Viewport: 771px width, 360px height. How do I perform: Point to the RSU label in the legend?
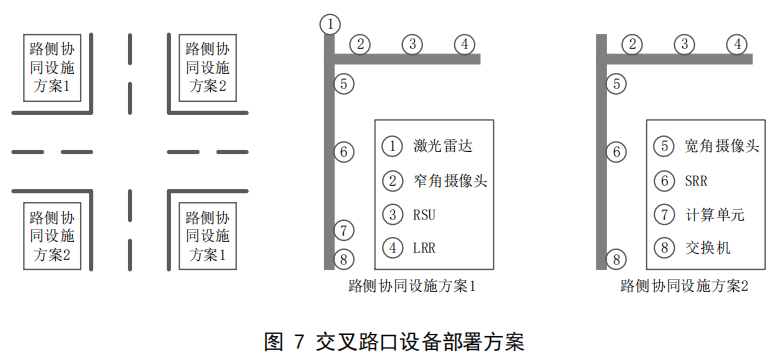point(425,215)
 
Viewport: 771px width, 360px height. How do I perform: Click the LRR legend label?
point(425,248)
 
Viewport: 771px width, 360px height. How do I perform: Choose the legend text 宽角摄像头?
point(721,146)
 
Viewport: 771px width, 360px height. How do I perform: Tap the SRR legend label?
point(696,181)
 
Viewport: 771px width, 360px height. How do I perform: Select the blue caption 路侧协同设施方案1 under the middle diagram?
point(411,286)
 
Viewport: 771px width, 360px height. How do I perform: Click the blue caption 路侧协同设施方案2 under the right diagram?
point(685,286)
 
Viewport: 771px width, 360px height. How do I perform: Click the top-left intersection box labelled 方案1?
point(50,67)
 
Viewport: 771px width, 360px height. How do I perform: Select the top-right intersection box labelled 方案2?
point(206,67)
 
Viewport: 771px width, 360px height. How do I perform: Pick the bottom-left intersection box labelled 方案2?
point(50,236)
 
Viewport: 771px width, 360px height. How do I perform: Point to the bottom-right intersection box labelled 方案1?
point(206,236)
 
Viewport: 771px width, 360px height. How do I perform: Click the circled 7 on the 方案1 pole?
point(343,230)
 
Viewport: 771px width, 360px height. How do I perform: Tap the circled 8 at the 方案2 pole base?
point(616,260)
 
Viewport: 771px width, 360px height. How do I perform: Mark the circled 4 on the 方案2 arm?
point(737,44)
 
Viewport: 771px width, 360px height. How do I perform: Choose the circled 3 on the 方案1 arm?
point(411,44)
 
